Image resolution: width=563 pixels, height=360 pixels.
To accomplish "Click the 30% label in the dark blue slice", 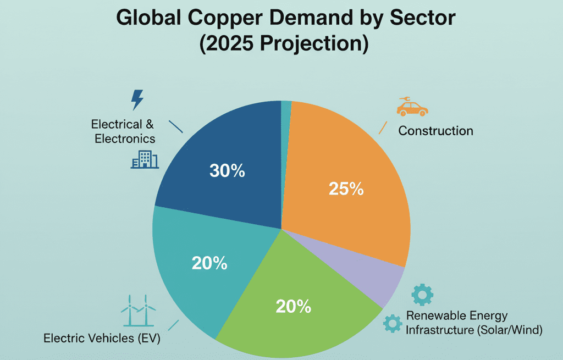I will pyautogui.click(x=227, y=171).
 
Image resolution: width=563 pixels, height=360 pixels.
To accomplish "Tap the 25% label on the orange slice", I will pyautogui.click(x=346, y=189).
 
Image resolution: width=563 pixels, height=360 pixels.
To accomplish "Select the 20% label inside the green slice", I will pyautogui.click(x=294, y=306).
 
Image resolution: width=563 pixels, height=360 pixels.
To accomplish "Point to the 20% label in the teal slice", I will pyautogui.click(x=209, y=263).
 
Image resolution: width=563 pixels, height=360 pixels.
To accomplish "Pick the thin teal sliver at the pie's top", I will pyautogui.click(x=286, y=107).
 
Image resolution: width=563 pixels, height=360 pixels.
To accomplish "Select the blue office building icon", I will pyautogui.click(x=145, y=159).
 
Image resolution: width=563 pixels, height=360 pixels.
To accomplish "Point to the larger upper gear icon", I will pyautogui.click(x=422, y=295).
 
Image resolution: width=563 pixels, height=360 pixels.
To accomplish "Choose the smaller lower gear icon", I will pyautogui.click(x=393, y=323).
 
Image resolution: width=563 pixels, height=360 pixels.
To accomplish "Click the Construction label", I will pyautogui.click(x=435, y=131).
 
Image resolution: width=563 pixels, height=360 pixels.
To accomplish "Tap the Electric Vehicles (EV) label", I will pyautogui.click(x=102, y=339).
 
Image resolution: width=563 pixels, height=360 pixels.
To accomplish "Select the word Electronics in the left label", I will pyautogui.click(x=125, y=139).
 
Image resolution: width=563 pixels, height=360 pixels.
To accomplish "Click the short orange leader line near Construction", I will pyautogui.click(x=383, y=128).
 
